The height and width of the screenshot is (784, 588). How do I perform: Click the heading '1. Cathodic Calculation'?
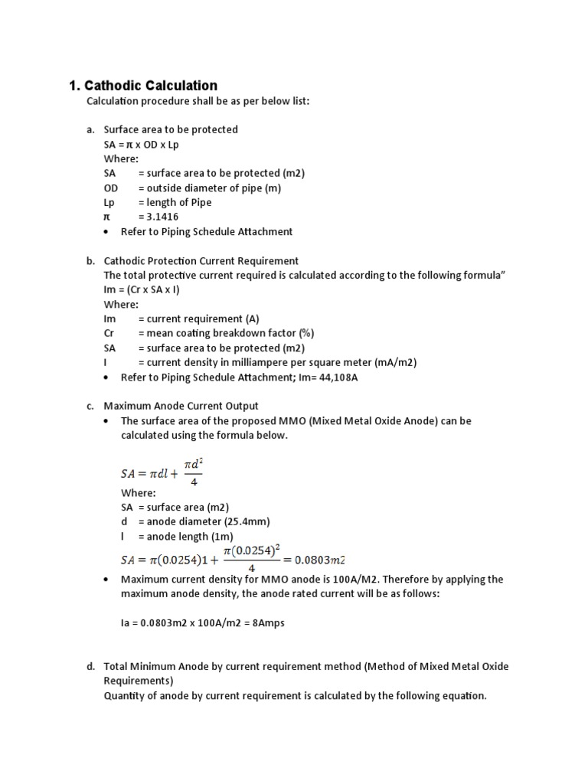(143, 86)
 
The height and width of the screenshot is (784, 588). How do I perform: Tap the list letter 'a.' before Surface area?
(90, 129)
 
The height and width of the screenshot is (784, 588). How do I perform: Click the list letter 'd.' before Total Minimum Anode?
(90, 667)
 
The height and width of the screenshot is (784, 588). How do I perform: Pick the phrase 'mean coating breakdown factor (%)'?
(230, 333)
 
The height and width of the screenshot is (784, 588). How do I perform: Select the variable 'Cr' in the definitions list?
(109, 333)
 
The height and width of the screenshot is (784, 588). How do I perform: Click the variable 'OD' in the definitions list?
(111, 188)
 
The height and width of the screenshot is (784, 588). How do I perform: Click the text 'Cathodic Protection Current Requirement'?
(201, 260)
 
